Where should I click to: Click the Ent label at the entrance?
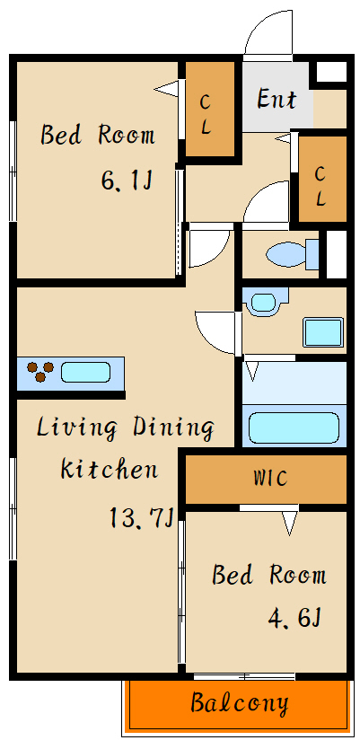(x=277, y=99)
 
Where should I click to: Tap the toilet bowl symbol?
(x=292, y=253)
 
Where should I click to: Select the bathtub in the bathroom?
(x=294, y=426)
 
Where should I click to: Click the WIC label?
(x=270, y=478)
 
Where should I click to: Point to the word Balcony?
(x=240, y=703)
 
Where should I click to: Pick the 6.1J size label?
(x=126, y=181)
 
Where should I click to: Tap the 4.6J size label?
(x=294, y=619)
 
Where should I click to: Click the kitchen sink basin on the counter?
(x=85, y=372)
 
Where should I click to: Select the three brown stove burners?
(x=40, y=371)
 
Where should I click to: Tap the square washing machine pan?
(x=324, y=332)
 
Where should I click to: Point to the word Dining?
(x=173, y=428)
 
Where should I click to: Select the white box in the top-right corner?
(x=331, y=72)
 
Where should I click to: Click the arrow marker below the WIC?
(x=290, y=523)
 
